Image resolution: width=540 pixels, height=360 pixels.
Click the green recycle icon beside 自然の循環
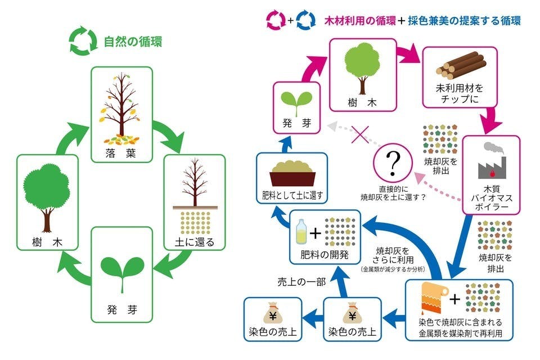80,42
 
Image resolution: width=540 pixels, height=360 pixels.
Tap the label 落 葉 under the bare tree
121,154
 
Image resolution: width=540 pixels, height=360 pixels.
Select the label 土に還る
193,243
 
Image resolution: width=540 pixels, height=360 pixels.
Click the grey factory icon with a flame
491,161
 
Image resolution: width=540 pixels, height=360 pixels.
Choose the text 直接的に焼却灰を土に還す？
393,193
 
